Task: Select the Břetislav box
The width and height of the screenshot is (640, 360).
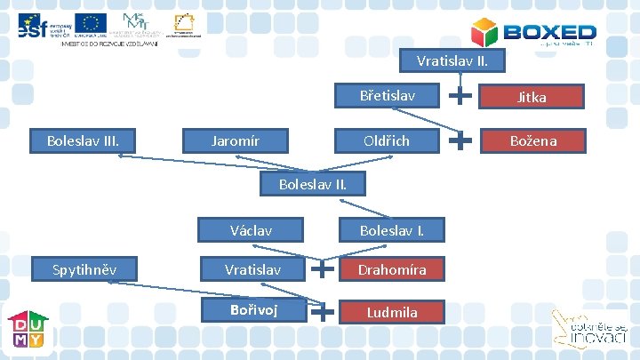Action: pos(387,95)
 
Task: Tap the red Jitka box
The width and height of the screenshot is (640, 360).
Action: pos(532,97)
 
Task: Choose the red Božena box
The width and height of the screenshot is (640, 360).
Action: pos(532,140)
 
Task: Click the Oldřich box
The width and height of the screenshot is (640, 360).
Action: pos(387,140)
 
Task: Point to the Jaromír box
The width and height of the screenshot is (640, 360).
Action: pos(236,140)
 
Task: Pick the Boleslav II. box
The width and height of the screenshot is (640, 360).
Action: pos(312,184)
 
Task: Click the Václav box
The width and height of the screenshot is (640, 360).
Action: pos(251,230)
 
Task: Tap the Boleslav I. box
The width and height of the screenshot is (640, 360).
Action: pos(391,230)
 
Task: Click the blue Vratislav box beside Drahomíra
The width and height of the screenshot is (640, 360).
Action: pos(252,268)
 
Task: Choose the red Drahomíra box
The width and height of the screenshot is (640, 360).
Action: pos(392,268)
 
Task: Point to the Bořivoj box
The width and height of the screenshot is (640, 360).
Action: pos(252,310)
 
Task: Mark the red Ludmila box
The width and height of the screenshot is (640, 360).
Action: pos(392,311)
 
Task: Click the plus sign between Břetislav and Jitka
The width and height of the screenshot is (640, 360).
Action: pos(460,92)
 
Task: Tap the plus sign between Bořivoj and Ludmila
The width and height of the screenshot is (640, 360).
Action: pos(324,310)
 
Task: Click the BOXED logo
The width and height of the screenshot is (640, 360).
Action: pos(533,33)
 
